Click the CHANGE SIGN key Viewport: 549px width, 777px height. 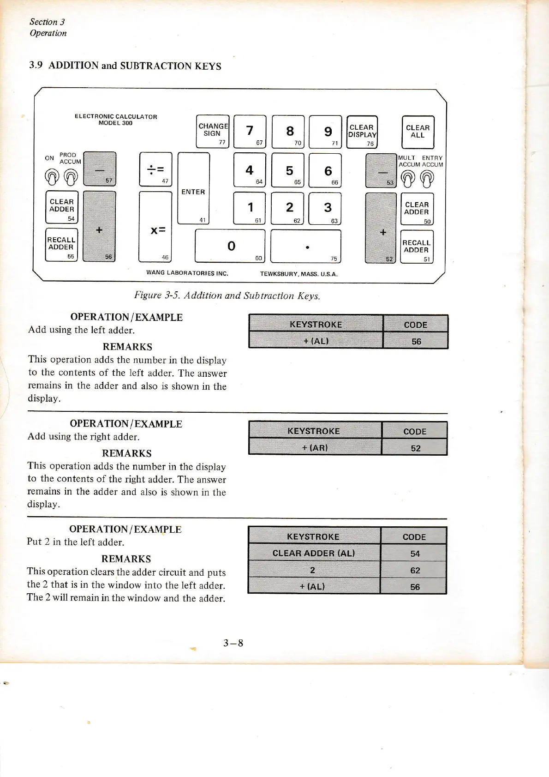pyautogui.click(x=213, y=131)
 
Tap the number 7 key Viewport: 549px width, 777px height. pyautogui.click(x=250, y=131)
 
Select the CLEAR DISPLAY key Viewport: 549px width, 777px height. pyautogui.click(x=362, y=132)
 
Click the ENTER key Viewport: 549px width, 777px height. pyautogui.click(x=193, y=188)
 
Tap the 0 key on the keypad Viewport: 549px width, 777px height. pyautogui.click(x=230, y=246)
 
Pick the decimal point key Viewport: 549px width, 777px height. pyautogui.click(x=305, y=246)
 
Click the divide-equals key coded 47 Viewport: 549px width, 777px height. pyautogui.click(x=155, y=169)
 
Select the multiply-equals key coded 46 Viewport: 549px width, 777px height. pyautogui.click(x=155, y=227)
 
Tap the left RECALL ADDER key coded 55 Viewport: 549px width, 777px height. pyautogui.click(x=61, y=245)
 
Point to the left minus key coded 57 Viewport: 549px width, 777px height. pyautogui.click(x=100, y=169)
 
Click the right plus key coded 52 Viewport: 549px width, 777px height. pyautogui.click(x=381, y=228)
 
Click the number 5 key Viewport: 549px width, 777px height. pyautogui.click(x=289, y=170)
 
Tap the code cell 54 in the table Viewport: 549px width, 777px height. pyautogui.click(x=415, y=554)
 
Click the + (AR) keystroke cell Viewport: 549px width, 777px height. pyautogui.click(x=315, y=448)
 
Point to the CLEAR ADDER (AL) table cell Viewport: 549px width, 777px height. pyautogui.click(x=314, y=553)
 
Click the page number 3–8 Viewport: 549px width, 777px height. pyautogui.click(x=233, y=643)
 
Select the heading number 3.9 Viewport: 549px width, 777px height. pyautogui.click(x=36, y=65)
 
